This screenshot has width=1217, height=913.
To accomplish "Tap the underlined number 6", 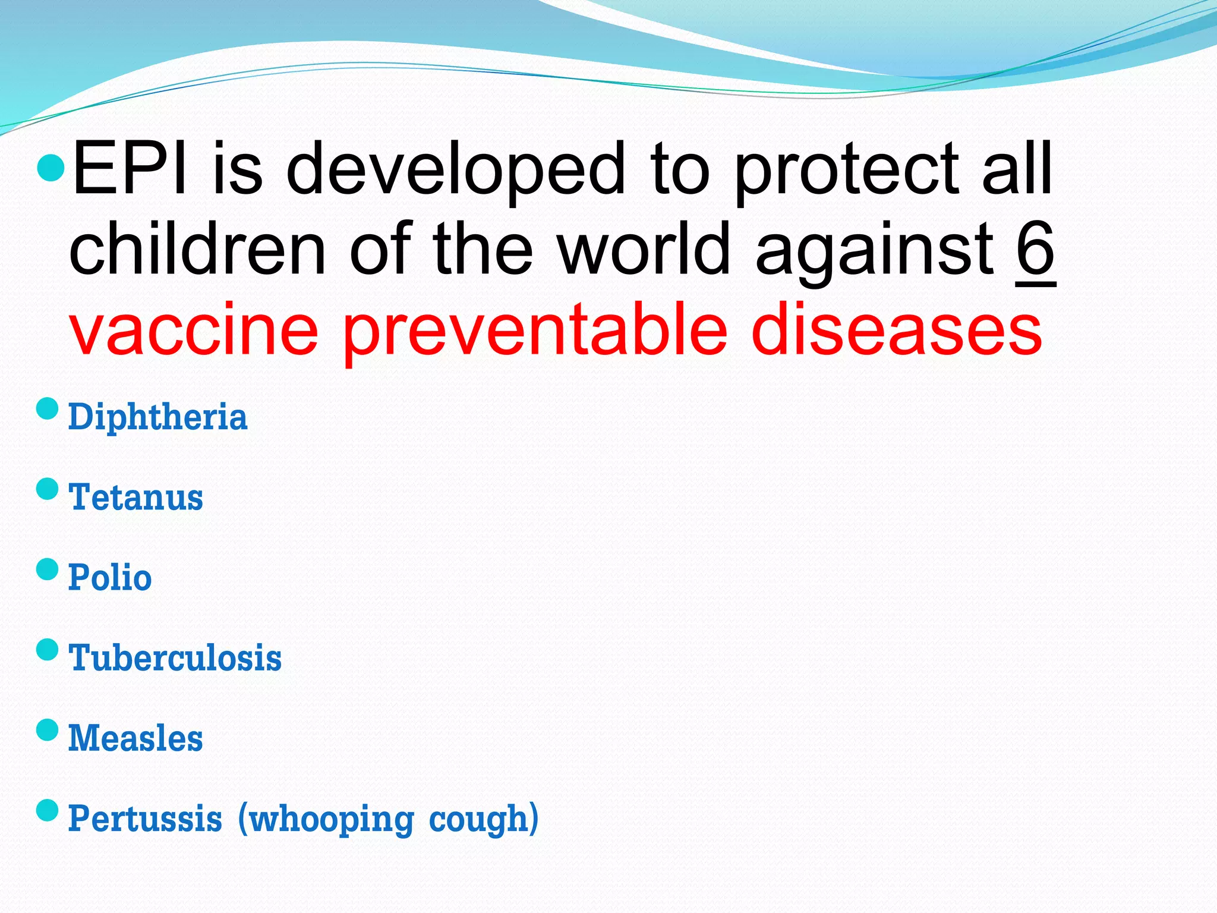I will [1035, 250].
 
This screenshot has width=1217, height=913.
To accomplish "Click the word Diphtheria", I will [157, 417].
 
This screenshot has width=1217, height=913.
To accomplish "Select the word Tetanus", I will [136, 498].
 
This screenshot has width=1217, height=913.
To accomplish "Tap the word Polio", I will [110, 578].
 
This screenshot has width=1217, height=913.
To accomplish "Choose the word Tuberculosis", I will [175, 658].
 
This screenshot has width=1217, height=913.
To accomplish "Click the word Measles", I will [135, 738].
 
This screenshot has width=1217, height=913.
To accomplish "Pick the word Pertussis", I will [145, 818].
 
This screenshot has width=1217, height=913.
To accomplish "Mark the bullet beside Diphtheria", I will [48, 408].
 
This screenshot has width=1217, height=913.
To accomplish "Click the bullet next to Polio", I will [48, 569].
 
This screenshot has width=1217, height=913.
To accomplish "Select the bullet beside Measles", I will [48, 729].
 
